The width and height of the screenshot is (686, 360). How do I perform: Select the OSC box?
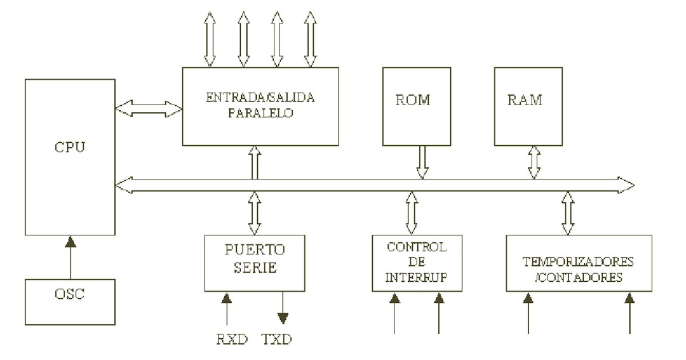(x=69, y=302)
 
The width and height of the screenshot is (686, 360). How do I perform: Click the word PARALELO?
(x=260, y=113)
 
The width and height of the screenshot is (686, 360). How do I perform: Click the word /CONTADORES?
(x=578, y=279)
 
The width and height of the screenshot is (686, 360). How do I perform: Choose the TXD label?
(x=276, y=340)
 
